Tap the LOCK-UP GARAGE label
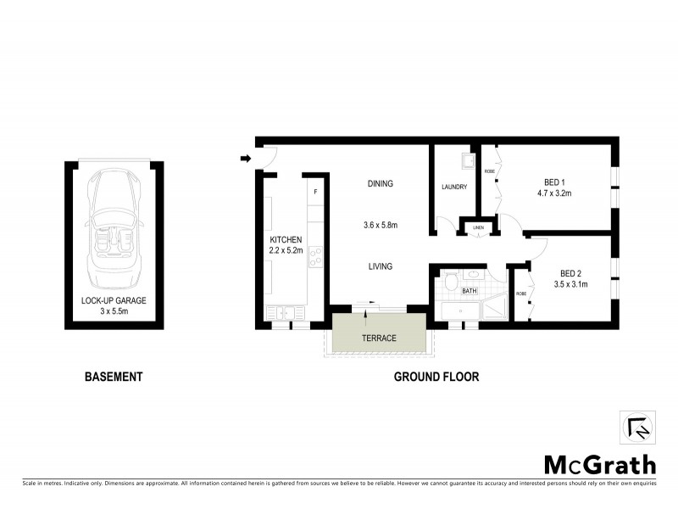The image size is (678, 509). pos(114,300)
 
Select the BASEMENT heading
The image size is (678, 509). pos(113,377)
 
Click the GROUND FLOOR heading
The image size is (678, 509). pos(436,377)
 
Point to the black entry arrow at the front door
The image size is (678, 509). pos(246,158)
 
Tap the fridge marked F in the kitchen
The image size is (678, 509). pos(316,192)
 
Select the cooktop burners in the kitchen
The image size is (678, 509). pos(315,256)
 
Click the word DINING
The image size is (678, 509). pos(381,184)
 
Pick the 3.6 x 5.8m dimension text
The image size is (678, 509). pos(381,226)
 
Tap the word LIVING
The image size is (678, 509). pos(381,266)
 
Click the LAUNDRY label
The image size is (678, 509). pos(454,187)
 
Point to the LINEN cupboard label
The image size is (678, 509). pos(478,227)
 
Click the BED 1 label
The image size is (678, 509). pos(555,182)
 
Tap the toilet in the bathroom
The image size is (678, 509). pos(453,282)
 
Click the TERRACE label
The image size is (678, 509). pos(379,338)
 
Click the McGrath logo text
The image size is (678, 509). pos(599,464)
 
